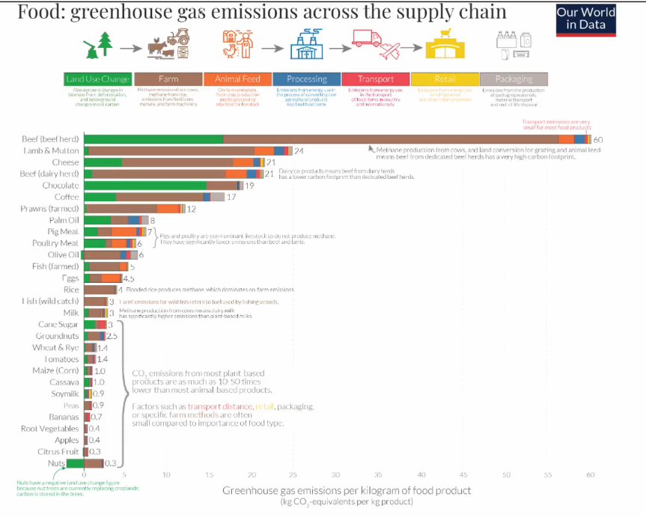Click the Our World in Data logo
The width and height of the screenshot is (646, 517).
pos(585,19)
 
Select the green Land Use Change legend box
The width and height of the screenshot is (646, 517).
pos(98,79)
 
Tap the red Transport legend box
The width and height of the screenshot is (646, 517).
pos(376,79)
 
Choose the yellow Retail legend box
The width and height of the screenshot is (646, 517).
pos(445,79)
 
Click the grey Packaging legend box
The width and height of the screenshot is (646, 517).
pos(514,79)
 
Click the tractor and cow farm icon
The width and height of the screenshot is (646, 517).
pos(168,44)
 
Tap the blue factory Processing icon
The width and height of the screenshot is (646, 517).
pos(306,46)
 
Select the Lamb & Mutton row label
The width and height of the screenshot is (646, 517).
pos(50,151)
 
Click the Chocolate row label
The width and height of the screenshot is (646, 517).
pos(60,185)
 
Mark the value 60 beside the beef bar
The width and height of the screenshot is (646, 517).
pos(598,140)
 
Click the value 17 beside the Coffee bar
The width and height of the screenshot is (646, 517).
pos(231,197)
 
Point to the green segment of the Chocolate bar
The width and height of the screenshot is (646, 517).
pos(145,185)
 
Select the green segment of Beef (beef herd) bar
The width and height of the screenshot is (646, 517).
pos(153,139)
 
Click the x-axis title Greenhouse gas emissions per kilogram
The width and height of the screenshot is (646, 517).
pos(347,490)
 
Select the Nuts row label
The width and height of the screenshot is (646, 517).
pos(57,463)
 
